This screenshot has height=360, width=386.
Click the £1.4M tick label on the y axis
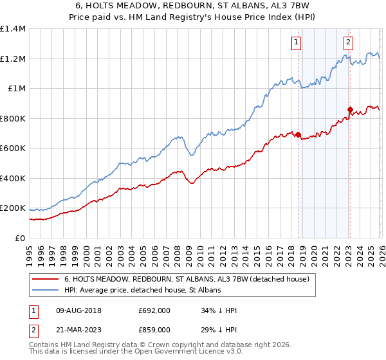click(12, 29)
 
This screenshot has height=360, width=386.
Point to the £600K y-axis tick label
click(12, 148)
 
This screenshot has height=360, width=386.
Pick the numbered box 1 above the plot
click(296, 43)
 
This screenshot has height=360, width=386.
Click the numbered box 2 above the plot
click(348, 43)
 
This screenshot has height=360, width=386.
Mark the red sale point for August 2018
click(298, 135)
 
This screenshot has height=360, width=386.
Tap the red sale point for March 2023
click(350, 110)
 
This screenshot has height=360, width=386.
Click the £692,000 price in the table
click(154, 310)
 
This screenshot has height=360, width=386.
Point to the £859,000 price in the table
click(154, 329)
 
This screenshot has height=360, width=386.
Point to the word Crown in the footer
click(158, 346)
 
